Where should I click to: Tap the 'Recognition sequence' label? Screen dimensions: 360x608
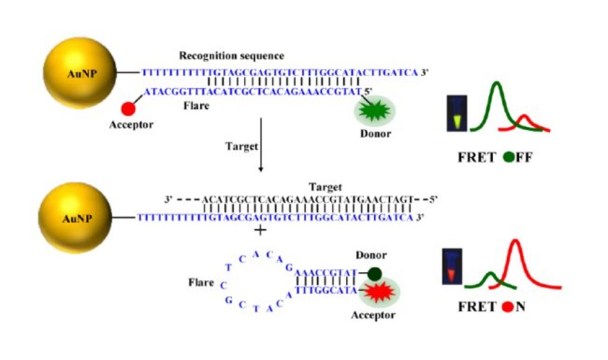click(232, 56)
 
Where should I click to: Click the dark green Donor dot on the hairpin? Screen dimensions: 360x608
click(374, 274)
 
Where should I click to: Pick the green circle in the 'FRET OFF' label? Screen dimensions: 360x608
click(508, 158)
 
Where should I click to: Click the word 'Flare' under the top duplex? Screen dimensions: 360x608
click(194, 108)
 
